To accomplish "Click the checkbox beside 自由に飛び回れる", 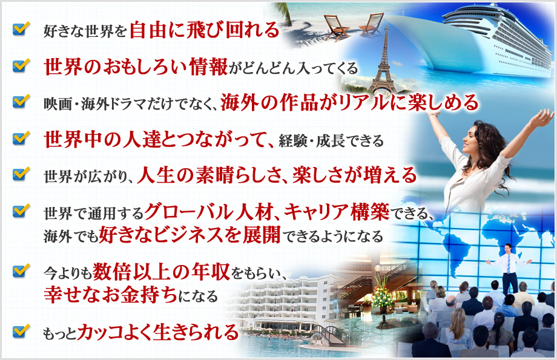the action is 21,29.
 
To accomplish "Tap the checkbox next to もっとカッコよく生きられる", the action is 21,330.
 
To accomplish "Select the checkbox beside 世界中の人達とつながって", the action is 21,138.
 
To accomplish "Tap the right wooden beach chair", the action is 372,24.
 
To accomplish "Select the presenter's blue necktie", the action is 509,264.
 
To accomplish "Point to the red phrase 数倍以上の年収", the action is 161,272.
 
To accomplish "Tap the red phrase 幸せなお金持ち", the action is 110,295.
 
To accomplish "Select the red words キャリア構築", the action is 337,212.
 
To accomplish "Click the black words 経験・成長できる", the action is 331,141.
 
